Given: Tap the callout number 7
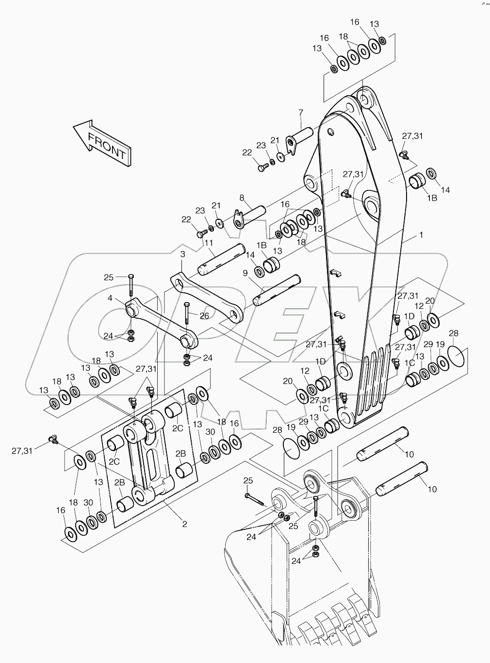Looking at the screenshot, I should (x=300, y=113).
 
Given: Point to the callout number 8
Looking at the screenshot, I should (x=242, y=197).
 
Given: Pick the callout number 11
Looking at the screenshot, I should (x=209, y=243).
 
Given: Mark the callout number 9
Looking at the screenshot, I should (x=245, y=273).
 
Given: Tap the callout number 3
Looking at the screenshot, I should (x=182, y=254).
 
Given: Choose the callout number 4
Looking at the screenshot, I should (x=110, y=298).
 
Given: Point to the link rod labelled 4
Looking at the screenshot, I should (x=160, y=323).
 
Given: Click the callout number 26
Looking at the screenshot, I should (x=205, y=315).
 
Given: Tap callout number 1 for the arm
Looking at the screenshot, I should (x=421, y=235).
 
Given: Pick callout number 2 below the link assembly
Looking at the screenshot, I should (x=184, y=524).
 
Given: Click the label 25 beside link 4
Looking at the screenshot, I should (x=109, y=277).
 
